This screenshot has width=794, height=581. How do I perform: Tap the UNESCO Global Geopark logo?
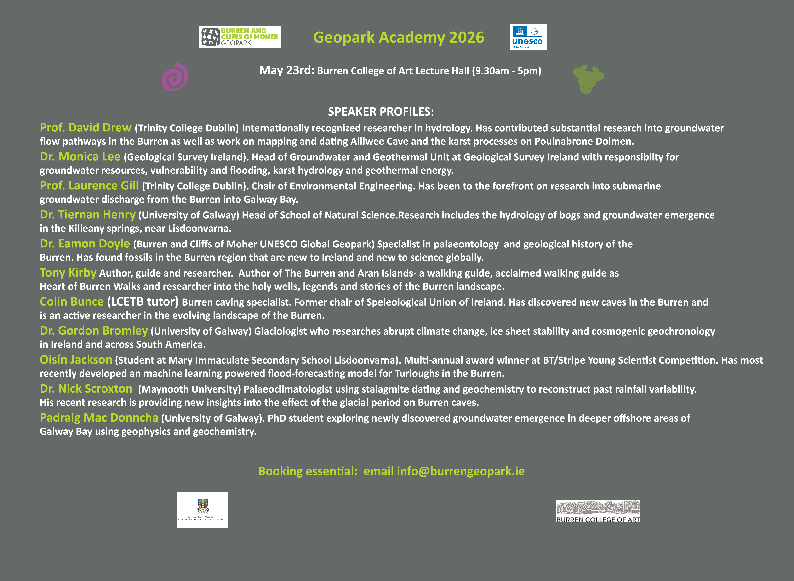pos(528,37)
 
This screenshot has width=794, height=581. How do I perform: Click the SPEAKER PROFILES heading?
pos(381,112)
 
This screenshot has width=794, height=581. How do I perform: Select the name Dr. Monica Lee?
pos(80,156)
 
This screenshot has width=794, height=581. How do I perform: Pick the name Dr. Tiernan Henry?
pos(88,215)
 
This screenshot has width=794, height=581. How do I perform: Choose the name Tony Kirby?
pos(68,273)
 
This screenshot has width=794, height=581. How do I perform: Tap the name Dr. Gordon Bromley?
pos(93,331)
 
